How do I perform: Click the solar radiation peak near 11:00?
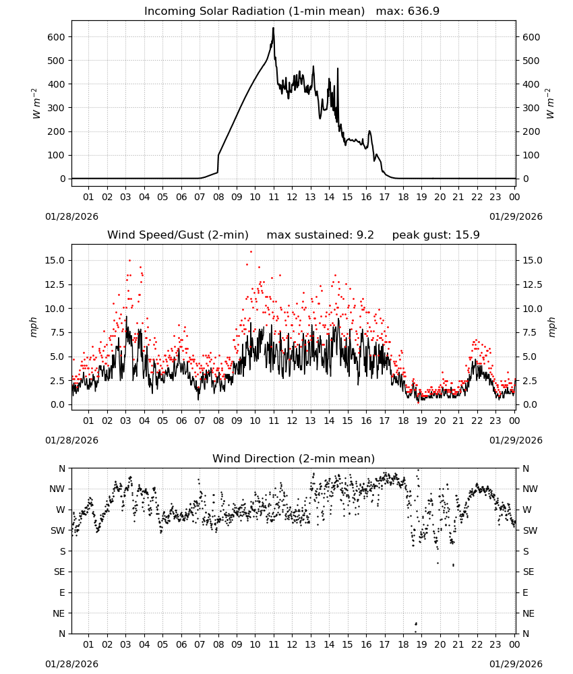pos(273,28)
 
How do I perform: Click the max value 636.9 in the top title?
pos(423,11)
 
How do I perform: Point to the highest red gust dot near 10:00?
pos(251,252)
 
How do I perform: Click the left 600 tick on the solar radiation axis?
pos(57,37)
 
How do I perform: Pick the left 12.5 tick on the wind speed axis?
pos(55,284)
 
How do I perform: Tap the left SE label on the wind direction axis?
pos(59,572)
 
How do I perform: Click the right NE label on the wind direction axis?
pos(529,613)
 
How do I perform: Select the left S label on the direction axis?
pos(63,551)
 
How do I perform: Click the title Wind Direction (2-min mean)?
pos(294,458)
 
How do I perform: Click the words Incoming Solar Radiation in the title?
pos(214,11)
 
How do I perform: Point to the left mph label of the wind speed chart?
pos(34,327)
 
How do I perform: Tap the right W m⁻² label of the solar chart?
pos(550,104)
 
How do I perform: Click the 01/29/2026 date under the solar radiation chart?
pos(516,216)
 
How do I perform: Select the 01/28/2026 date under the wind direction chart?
pos(71,664)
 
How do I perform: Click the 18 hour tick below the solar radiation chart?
pos(403,197)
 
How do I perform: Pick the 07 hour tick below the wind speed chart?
pos(200,421)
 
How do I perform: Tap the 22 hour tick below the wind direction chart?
pos(477,644)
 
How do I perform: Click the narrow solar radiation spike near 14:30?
pos(338,69)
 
